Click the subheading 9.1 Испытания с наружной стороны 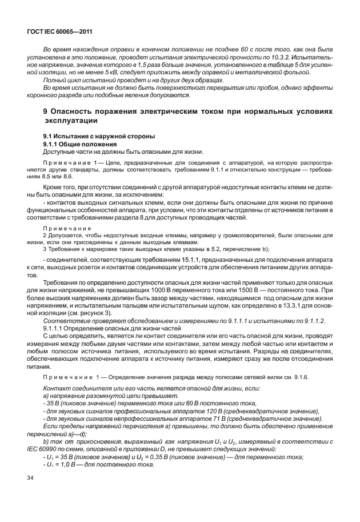(x=91, y=136)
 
